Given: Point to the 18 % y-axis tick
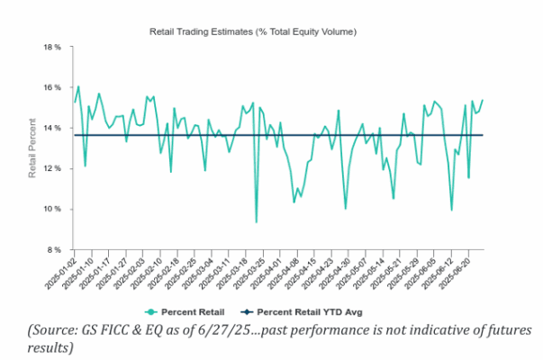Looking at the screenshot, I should (51, 47).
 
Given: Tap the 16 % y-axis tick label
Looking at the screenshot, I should (51, 87).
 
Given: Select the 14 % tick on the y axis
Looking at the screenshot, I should (51, 128).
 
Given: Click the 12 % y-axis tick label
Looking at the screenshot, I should (51, 168).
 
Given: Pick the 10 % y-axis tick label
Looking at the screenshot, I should (51, 209).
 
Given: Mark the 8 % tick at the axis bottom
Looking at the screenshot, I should (53, 249).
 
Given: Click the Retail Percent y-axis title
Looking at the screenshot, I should (32, 148).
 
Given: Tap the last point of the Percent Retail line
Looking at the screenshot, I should (483, 100).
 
